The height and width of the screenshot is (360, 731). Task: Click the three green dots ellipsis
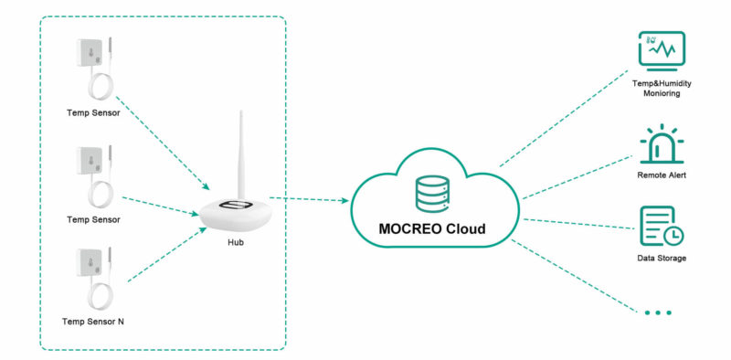658,312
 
